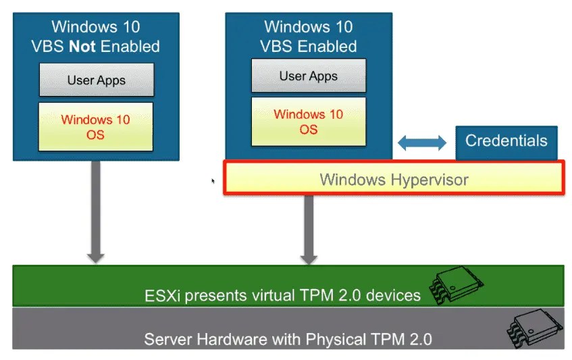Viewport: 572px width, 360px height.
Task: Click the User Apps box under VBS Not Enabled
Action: pyautogui.click(x=97, y=80)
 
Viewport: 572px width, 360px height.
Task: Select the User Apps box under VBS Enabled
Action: pyautogui.click(x=309, y=76)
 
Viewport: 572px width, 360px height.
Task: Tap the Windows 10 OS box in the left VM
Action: pyautogui.click(x=96, y=127)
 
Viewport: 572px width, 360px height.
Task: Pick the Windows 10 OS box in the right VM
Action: pyautogui.click(x=309, y=122)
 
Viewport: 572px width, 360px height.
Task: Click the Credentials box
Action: pyautogui.click(x=506, y=142)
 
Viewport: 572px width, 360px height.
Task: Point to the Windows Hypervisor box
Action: pyautogui.click(x=394, y=179)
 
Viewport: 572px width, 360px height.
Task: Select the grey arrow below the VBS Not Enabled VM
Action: pyautogui.click(x=96, y=211)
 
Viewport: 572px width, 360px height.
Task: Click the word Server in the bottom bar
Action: pyautogui.click(x=166, y=338)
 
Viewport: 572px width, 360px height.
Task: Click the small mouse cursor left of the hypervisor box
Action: pyautogui.click(x=213, y=181)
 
